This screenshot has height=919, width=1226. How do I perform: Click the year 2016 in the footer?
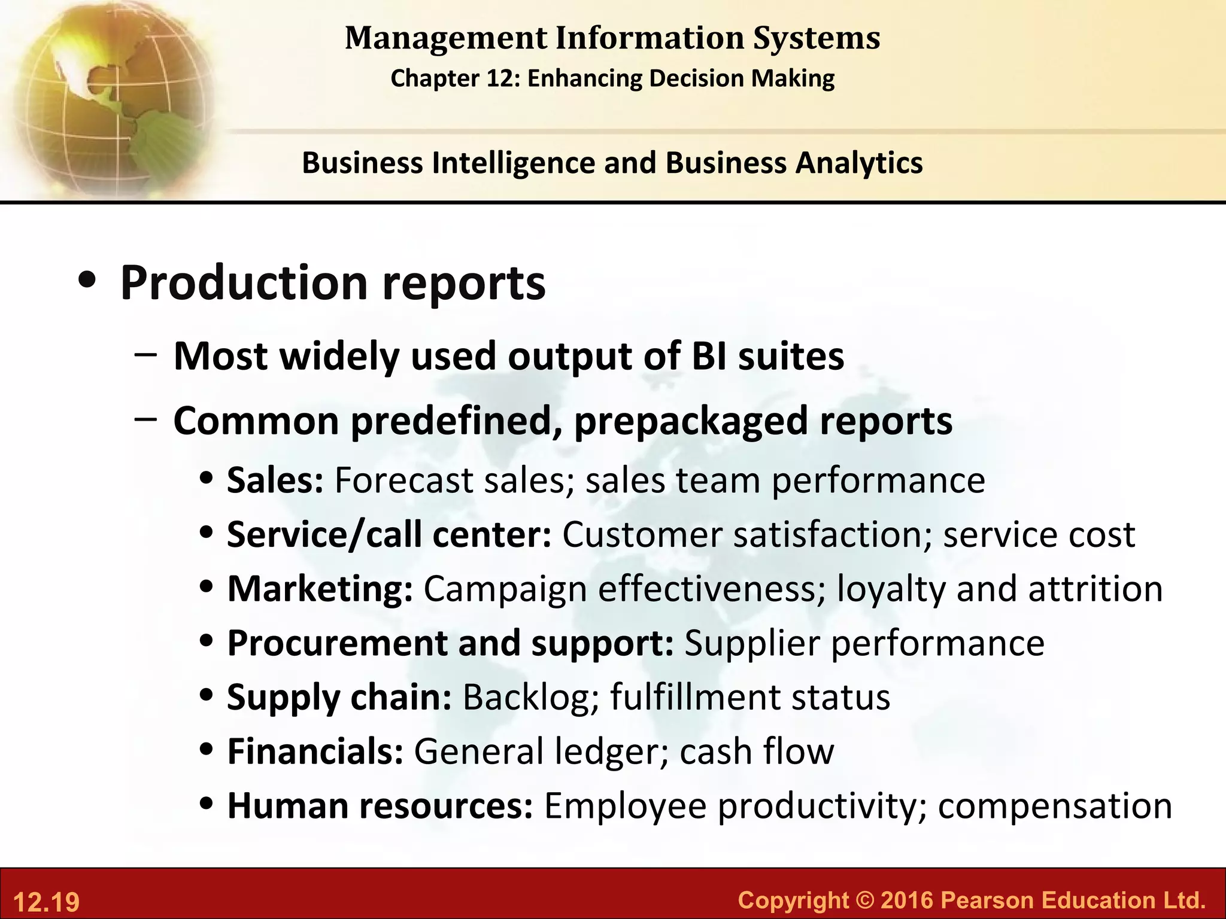click(x=906, y=900)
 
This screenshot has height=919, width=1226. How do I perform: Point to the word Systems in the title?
click(x=817, y=38)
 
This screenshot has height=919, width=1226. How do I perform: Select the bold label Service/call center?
click(x=389, y=534)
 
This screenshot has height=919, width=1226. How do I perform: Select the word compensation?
click(x=1055, y=807)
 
